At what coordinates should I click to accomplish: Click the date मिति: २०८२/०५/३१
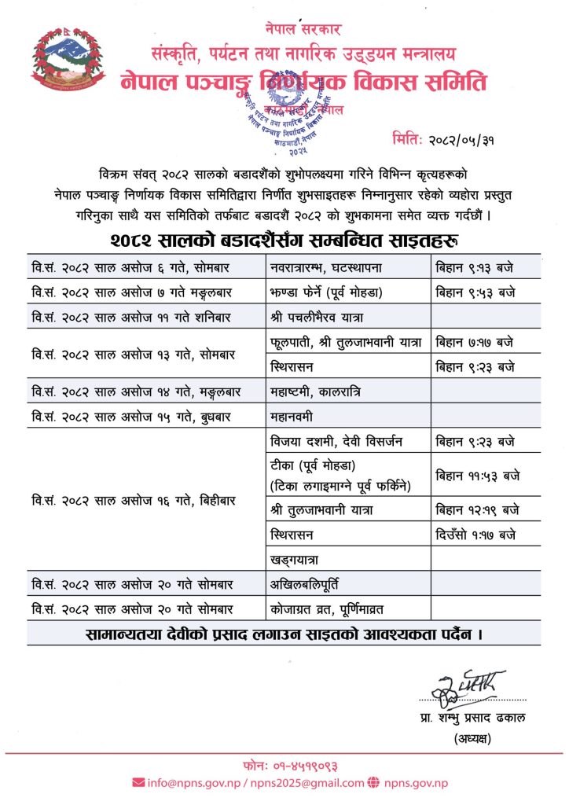point(456,141)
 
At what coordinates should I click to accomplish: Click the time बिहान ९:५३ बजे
point(475,292)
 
